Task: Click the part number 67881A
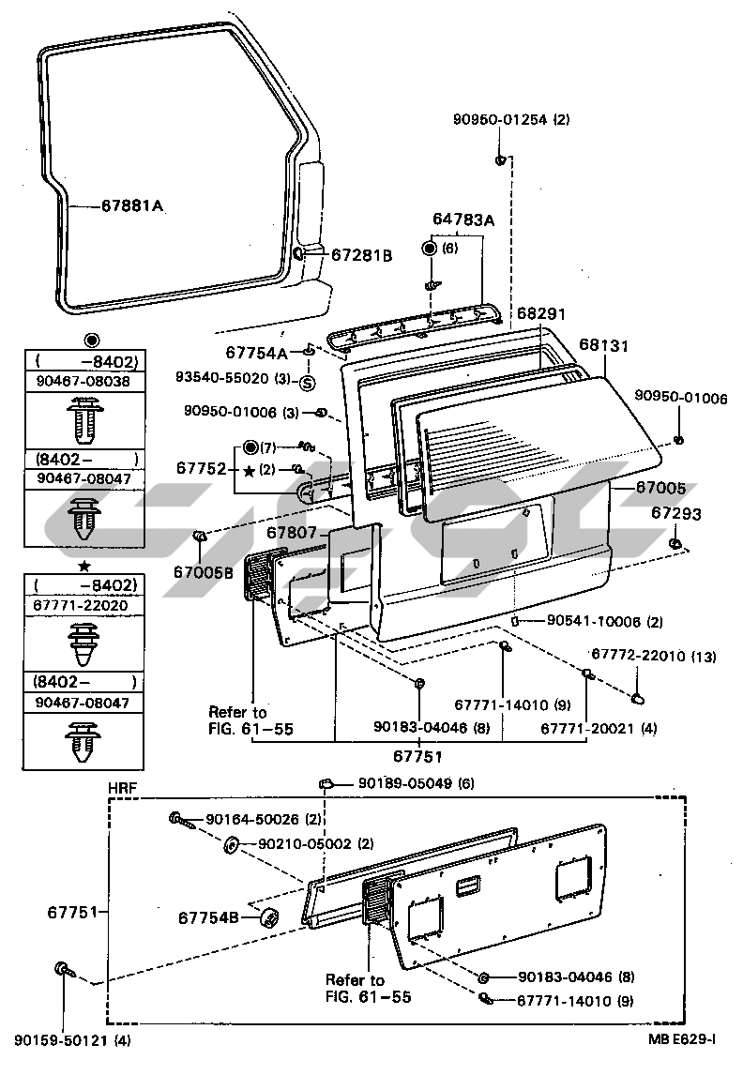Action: (x=132, y=205)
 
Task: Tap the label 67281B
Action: (x=362, y=255)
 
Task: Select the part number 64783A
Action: (x=463, y=220)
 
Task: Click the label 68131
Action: (x=603, y=344)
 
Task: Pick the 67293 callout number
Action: (x=675, y=513)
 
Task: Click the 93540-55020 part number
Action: (x=222, y=377)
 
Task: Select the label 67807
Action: (x=292, y=532)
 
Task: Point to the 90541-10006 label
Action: (x=594, y=621)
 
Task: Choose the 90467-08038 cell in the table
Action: (x=83, y=381)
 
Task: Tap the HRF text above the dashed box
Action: (x=123, y=788)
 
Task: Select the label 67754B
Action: (x=208, y=917)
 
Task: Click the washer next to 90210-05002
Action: (x=231, y=844)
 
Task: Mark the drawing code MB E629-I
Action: (x=682, y=1039)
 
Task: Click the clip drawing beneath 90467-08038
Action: (x=85, y=418)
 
